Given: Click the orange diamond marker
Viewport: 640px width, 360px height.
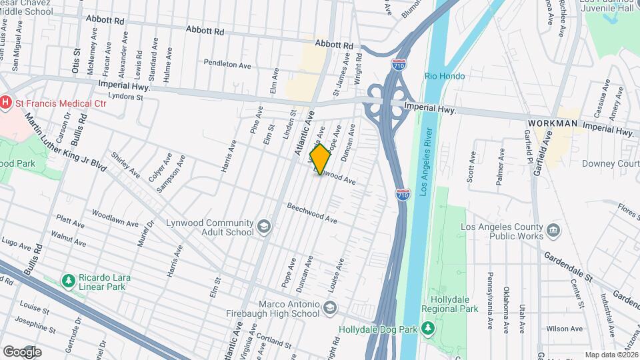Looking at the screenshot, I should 321,159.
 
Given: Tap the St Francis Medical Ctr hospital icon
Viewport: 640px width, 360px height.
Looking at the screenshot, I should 7,102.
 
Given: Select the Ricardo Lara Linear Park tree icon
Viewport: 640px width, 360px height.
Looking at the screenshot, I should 67,281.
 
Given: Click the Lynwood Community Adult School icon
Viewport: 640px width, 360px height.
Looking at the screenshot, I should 265,227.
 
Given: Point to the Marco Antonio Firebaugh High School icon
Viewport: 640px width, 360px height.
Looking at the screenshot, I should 330,308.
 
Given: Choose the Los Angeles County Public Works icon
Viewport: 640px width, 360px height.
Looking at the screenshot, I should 553,231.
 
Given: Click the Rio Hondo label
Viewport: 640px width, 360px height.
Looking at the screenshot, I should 445,77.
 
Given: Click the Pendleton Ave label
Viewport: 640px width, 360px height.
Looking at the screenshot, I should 227,65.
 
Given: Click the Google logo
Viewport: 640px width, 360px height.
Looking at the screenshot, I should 22,351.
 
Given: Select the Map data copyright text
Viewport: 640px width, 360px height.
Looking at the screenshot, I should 611,355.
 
